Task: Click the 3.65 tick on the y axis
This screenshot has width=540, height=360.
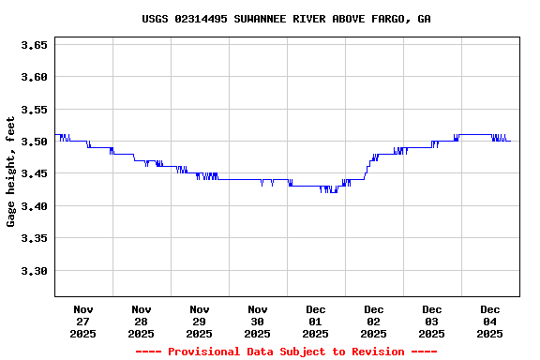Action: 34,44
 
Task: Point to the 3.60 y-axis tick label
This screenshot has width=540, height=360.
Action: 34,77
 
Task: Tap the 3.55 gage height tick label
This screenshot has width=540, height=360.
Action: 34,110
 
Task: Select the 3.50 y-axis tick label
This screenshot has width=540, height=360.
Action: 34,142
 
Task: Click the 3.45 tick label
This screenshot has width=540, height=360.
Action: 34,174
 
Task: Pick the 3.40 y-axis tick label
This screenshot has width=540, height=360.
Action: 34,206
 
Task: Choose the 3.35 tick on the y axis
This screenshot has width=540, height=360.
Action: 34,239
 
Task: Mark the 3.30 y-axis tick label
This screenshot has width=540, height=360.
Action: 34,271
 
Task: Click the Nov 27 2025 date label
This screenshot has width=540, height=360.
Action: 83,321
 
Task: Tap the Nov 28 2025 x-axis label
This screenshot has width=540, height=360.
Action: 142,321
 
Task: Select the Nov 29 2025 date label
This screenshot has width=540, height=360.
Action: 200,321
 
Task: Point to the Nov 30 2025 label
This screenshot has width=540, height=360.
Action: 258,321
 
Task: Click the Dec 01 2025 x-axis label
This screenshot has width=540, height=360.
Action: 316,321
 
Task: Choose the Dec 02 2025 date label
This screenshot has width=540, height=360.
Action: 374,321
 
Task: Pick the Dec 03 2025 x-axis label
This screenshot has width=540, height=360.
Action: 432,321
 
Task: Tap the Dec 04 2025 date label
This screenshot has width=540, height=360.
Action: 490,321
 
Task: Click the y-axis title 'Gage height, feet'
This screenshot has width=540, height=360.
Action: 11,172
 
